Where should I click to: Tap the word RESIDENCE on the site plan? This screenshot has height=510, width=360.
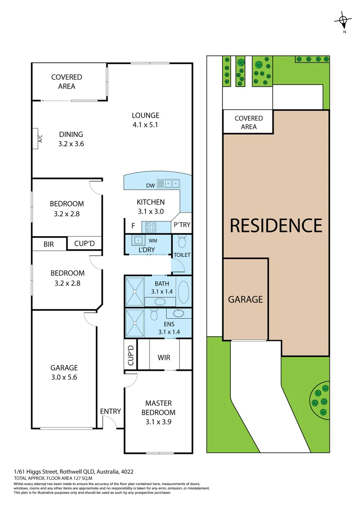[276, 226]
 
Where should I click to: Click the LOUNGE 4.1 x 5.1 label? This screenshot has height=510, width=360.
[145, 120]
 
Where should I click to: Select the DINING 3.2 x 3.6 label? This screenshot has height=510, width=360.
[71, 139]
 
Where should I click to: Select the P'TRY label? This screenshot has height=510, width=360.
[182, 225]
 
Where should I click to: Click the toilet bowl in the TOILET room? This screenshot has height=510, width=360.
[182, 242]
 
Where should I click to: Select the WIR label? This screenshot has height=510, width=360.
[164, 357]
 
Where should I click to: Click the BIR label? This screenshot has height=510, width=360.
[49, 244]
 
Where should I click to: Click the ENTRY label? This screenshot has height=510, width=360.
[110, 411]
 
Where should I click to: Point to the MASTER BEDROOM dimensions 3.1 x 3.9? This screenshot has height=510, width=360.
[158, 422]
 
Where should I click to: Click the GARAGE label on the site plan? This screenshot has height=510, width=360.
[245, 299]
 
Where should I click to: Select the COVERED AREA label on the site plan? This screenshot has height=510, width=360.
[249, 122]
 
